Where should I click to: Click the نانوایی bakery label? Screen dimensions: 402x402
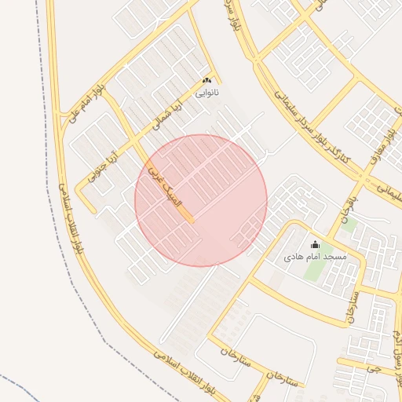(207, 93)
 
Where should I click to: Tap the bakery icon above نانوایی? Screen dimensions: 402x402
(207, 81)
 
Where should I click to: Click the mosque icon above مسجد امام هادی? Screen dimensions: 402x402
(316, 245)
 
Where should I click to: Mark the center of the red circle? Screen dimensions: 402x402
(201, 200)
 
